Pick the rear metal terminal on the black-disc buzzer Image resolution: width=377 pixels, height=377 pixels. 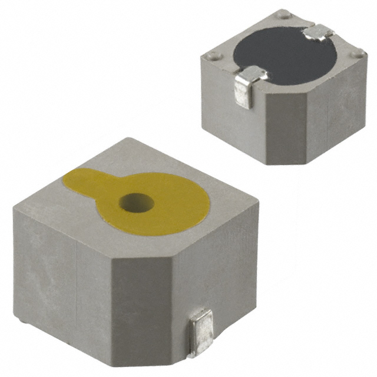tap(319, 33)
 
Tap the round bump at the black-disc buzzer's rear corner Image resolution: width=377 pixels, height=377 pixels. tap(285, 12)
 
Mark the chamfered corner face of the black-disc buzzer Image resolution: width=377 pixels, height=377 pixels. tap(287, 127)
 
